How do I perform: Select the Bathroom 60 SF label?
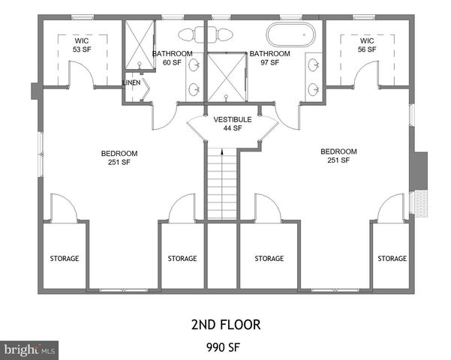point(173,58)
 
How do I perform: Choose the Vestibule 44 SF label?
point(227,124)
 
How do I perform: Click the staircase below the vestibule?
point(221,184)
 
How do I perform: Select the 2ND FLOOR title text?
point(225,325)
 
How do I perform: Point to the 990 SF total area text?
point(225,347)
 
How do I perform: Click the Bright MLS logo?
point(30,349)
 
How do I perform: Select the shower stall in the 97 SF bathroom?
point(227,76)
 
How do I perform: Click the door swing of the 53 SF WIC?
point(81,73)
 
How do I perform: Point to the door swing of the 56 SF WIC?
point(367,73)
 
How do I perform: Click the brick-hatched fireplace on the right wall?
point(420,202)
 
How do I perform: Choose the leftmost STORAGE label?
point(65,259)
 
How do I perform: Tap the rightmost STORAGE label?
point(392,259)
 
